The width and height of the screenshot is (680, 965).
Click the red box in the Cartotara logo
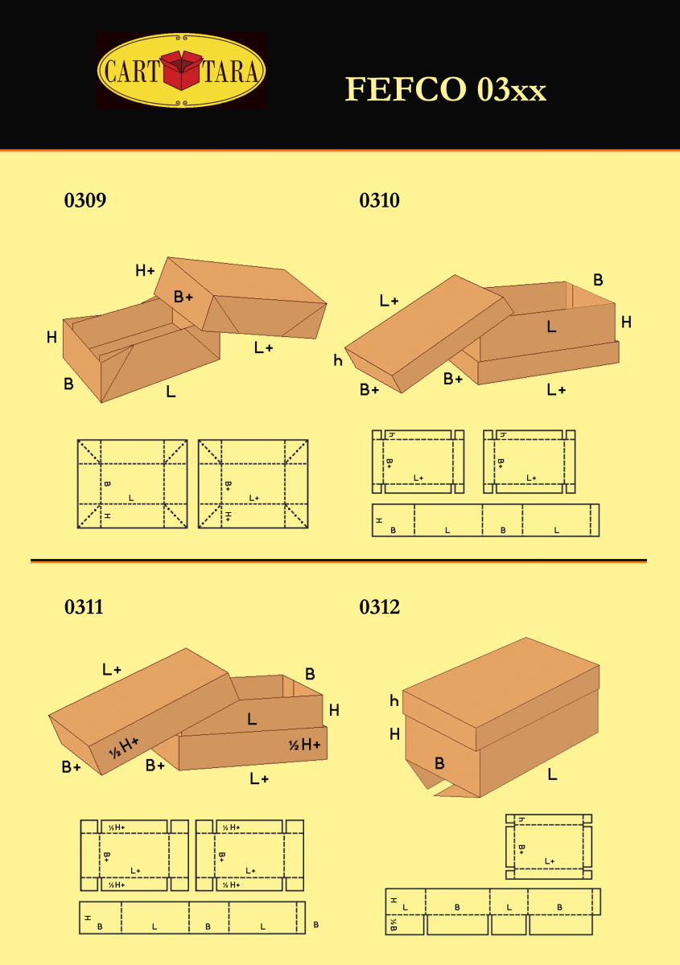pyautogui.click(x=182, y=70)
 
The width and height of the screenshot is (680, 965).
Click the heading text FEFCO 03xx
pyautogui.click(x=445, y=89)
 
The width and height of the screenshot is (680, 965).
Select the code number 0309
pyautogui.click(x=84, y=201)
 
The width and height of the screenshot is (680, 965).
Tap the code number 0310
pyautogui.click(x=379, y=201)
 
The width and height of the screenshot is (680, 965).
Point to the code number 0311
pyautogui.click(x=84, y=607)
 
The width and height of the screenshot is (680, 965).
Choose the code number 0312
pyautogui.click(x=379, y=607)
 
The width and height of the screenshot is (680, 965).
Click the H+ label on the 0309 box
pyautogui.click(x=145, y=271)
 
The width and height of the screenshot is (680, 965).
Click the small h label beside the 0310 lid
pyautogui.click(x=338, y=361)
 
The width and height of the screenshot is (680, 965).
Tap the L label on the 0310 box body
pyautogui.click(x=551, y=326)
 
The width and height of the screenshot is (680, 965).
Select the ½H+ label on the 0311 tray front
pyautogui.click(x=304, y=745)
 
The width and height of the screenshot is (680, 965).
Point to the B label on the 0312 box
pyautogui.click(x=439, y=763)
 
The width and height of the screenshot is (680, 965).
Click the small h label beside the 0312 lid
pyautogui.click(x=394, y=701)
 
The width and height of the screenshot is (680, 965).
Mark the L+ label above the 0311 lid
pyautogui.click(x=111, y=669)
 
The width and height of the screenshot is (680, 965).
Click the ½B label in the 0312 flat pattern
pyautogui.click(x=394, y=925)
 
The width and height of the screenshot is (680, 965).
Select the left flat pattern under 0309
pyautogui.click(x=132, y=484)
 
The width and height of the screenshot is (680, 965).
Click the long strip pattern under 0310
pyautogui.click(x=485, y=520)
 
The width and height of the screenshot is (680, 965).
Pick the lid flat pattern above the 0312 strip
pyautogui.click(x=549, y=847)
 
